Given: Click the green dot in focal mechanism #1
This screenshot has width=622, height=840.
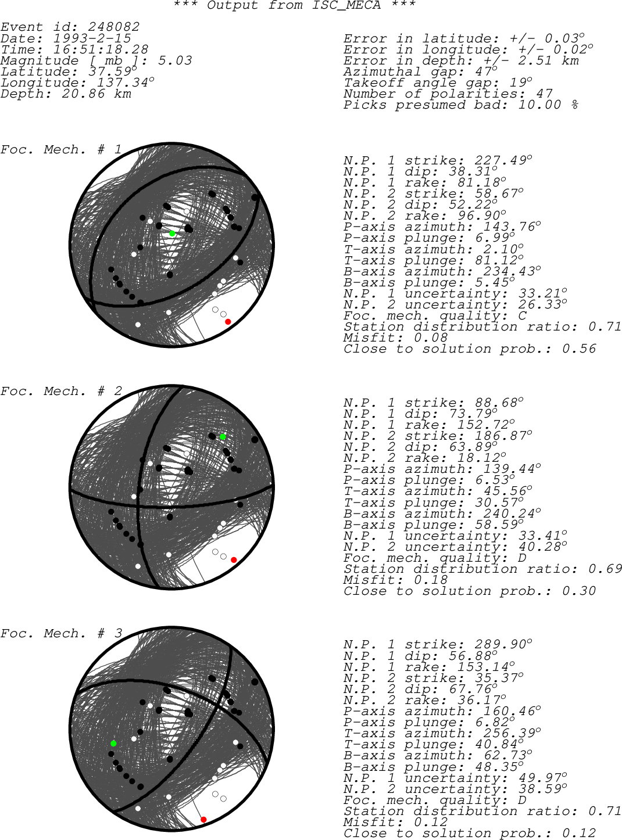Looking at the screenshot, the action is [x=172, y=234].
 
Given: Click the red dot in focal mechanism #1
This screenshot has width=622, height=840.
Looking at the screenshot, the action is [x=228, y=321].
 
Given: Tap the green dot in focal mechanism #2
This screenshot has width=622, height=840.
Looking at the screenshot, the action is [x=223, y=437].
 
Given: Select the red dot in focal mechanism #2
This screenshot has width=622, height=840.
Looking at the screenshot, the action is [x=234, y=560].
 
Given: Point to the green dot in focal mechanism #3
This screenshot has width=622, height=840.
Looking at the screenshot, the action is [x=113, y=744].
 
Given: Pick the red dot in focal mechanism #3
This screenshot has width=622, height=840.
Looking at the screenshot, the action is [x=203, y=820].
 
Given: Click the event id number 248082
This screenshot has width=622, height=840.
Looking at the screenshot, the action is [x=114, y=27].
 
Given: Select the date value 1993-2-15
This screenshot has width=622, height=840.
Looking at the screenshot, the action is [x=92, y=38].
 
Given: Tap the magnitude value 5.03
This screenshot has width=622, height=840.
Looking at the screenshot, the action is [x=175, y=60].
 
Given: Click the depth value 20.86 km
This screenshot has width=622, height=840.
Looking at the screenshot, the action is [x=96, y=94].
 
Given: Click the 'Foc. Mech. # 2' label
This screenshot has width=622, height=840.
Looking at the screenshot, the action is [x=61, y=391].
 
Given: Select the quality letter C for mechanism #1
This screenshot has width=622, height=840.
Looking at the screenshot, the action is [x=523, y=315].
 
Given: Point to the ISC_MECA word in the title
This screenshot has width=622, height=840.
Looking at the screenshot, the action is [x=346, y=5].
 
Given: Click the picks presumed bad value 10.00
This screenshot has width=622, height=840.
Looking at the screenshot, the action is [x=539, y=105].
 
